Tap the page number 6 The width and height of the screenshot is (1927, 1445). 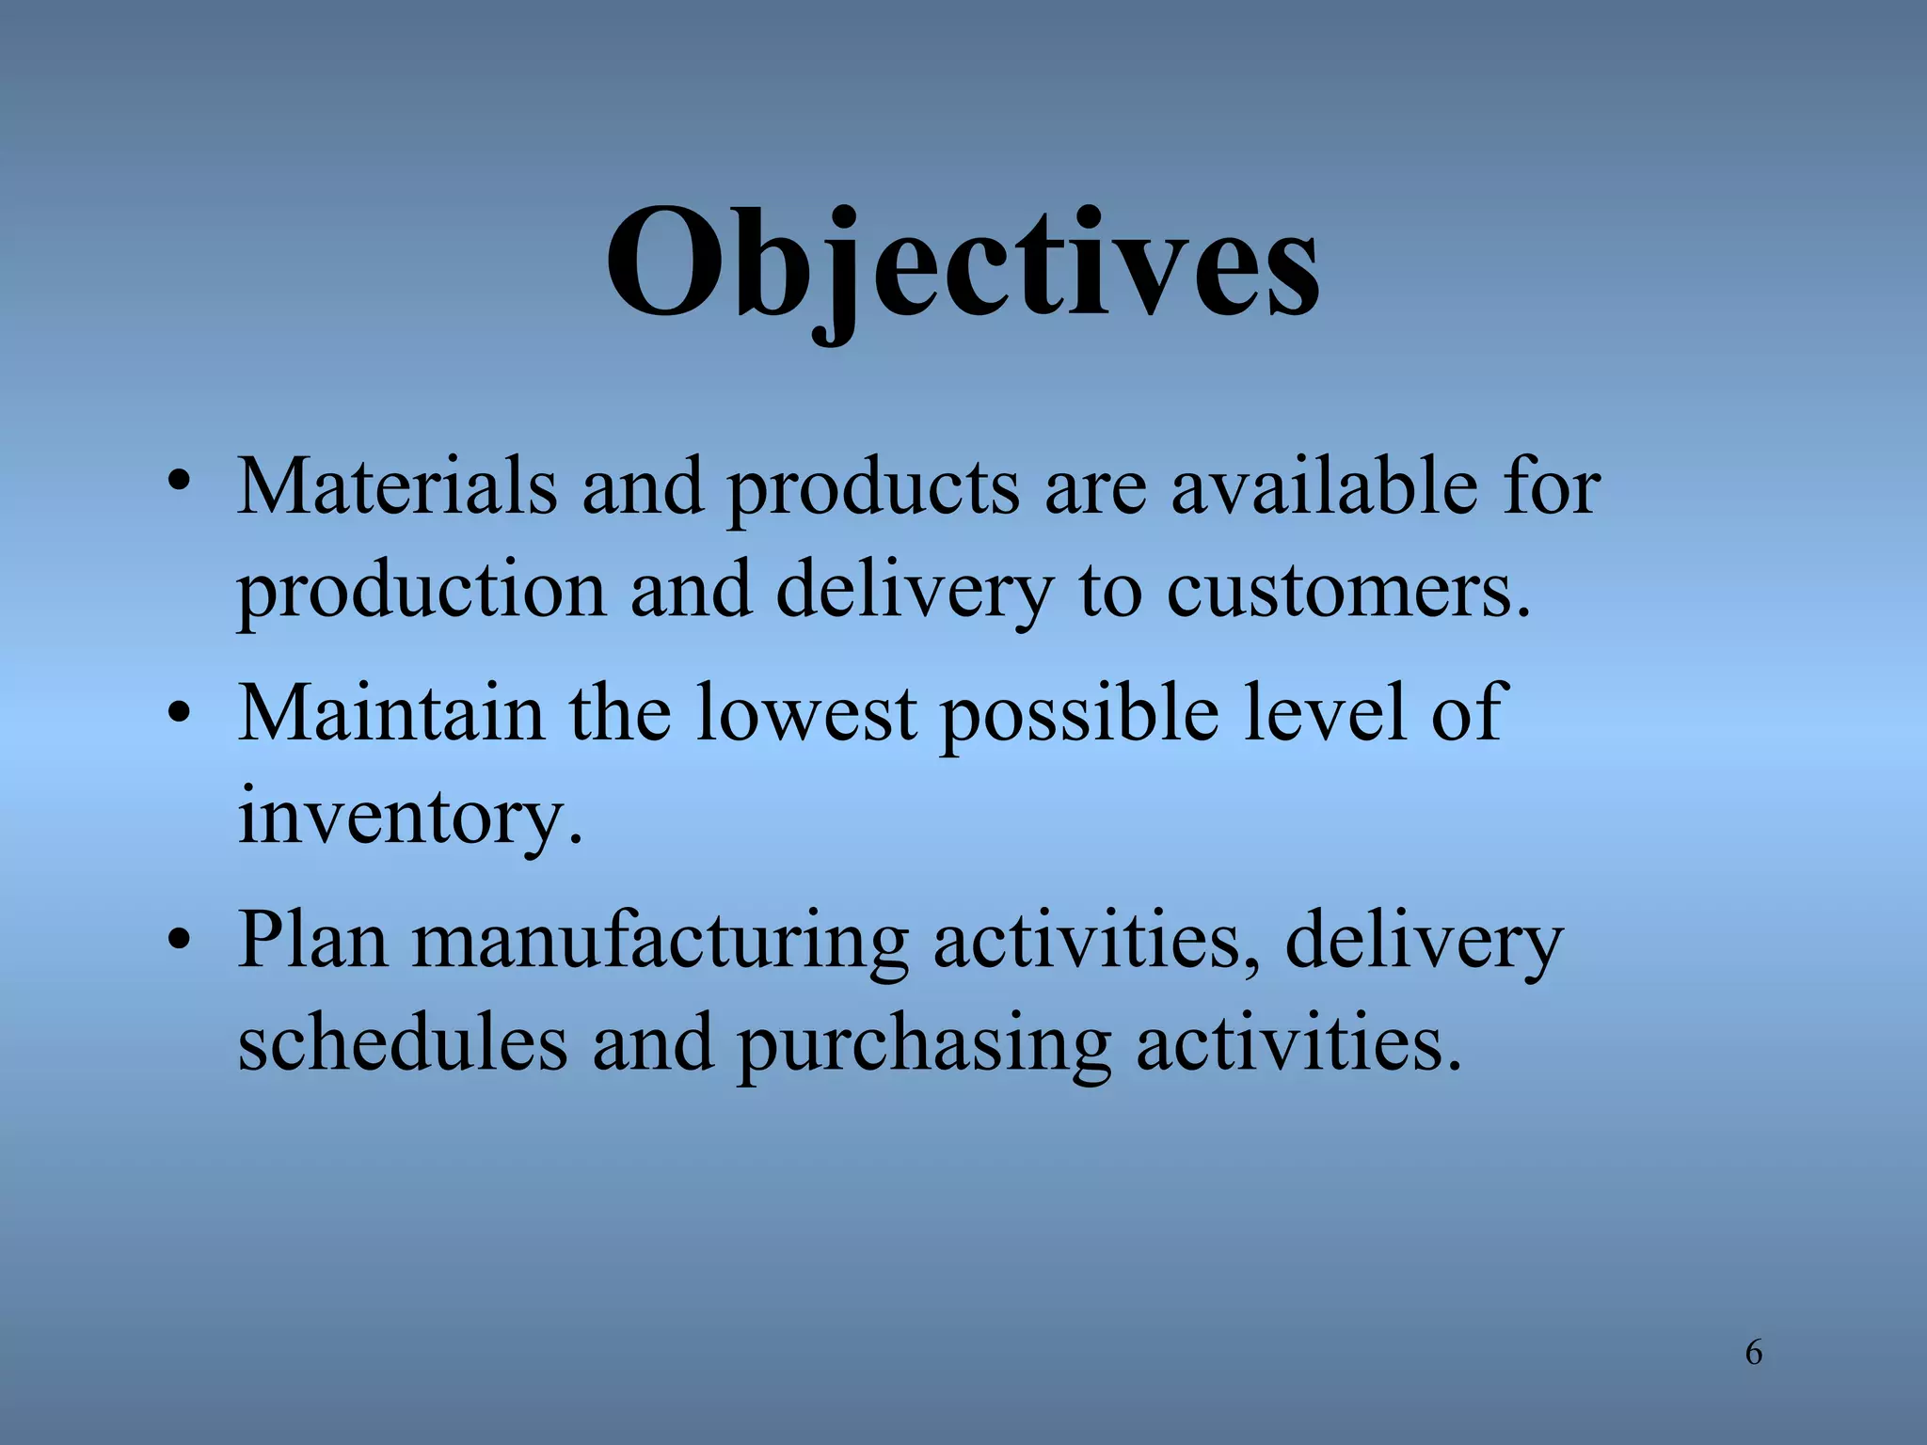coord(1753,1352)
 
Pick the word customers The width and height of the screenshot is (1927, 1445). coord(1347,591)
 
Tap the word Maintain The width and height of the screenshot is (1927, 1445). coord(391,712)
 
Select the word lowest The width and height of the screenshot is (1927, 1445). coord(806,712)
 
